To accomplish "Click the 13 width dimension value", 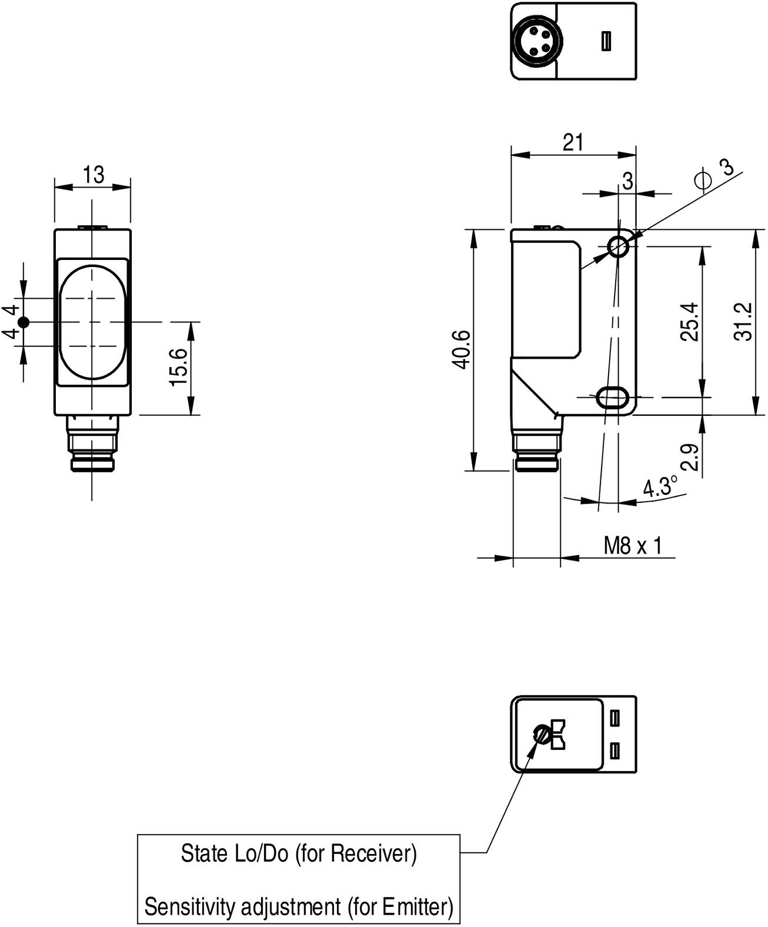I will click(93, 175).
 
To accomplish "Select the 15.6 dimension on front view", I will click(179, 368).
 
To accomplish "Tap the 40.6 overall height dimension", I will click(463, 349).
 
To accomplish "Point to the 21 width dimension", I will click(573, 143).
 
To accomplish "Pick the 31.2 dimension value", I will click(743, 322).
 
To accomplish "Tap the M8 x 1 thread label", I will click(633, 546).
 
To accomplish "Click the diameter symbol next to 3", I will click(703, 180).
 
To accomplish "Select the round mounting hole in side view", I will click(618, 247).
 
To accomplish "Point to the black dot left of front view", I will click(24, 322).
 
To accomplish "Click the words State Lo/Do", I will click(235, 853).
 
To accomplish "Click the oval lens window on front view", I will click(92, 322).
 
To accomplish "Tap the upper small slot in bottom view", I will click(616, 718).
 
